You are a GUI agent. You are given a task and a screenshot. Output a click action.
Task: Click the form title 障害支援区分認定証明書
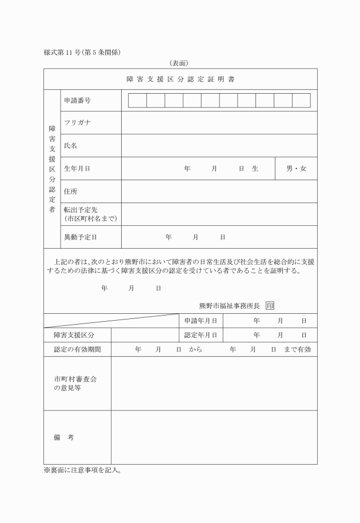tap(180, 79)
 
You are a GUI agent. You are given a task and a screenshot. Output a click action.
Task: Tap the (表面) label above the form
tap(179, 63)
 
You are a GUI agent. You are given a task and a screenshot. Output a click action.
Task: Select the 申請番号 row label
tap(77, 101)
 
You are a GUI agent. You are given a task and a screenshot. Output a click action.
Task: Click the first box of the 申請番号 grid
tap(137, 101)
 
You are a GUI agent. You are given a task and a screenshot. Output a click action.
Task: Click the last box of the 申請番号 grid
tap(301, 101)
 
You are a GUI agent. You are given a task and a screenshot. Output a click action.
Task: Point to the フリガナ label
tap(78, 123)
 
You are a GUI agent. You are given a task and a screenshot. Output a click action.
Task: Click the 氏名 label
tap(70, 146)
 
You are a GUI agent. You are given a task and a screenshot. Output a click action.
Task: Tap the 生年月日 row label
tap(77, 169)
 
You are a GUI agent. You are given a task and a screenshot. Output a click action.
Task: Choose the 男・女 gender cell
tap(296, 169)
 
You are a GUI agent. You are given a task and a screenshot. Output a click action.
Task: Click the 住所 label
tap(70, 191)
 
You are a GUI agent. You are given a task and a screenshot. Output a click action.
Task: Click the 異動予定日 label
tap(81, 237)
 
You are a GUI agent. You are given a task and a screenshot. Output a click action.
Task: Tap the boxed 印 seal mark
tap(270, 306)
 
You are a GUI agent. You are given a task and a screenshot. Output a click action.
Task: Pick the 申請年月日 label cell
tap(200, 321)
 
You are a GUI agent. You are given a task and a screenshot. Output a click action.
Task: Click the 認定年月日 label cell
tap(200, 335)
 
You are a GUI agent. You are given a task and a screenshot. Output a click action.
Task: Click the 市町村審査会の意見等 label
tap(73, 383)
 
